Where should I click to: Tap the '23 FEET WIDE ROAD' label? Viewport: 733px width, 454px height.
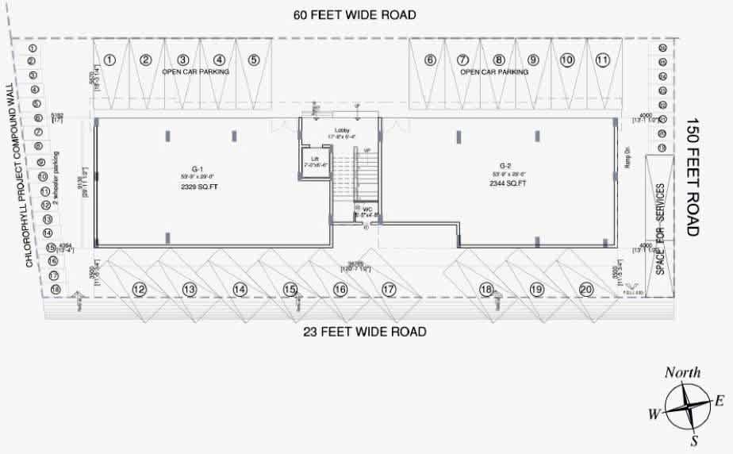click(365, 331)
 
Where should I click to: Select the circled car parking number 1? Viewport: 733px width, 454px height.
click(111, 60)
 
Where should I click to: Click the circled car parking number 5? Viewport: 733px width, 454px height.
click(253, 60)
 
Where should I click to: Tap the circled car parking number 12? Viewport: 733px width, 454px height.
click(139, 290)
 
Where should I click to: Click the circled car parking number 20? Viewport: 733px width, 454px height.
click(585, 290)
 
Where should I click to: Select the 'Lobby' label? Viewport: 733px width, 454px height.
click(343, 129)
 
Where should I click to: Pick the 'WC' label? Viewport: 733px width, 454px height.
click(367, 210)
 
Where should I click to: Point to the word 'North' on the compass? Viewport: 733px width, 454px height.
click(682, 372)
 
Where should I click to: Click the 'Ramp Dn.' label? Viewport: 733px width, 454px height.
click(626, 158)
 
